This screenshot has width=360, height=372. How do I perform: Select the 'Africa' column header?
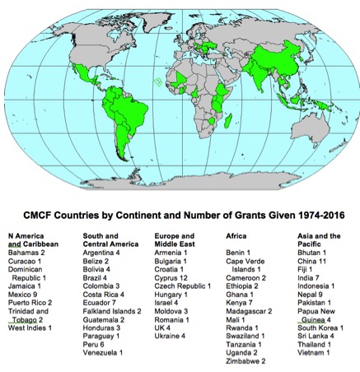[x=236, y=235]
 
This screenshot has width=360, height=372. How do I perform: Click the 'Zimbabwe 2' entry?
[x=245, y=360]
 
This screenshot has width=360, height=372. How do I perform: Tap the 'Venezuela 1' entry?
[x=105, y=352]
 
